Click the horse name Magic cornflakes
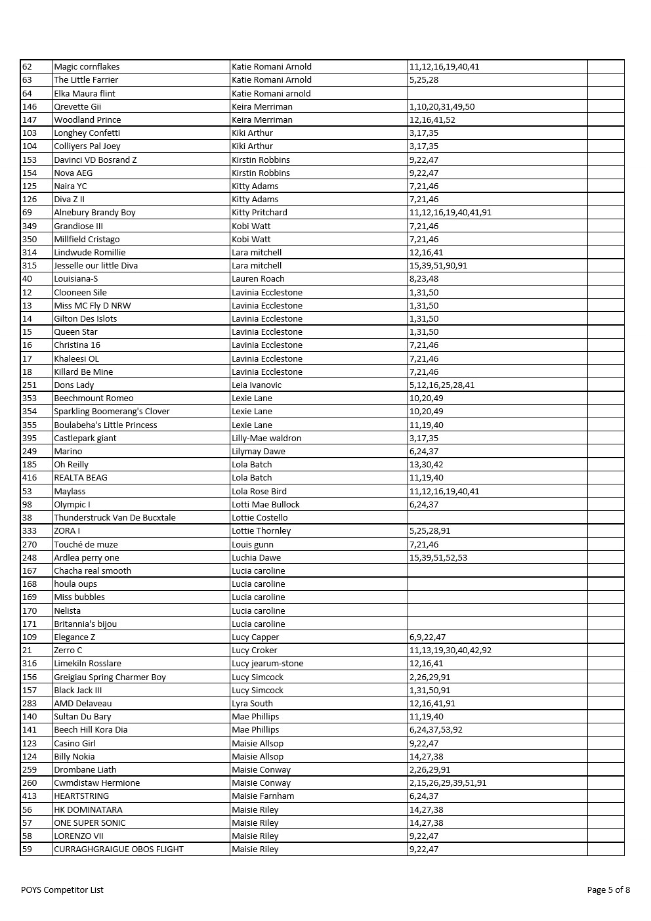(87, 66)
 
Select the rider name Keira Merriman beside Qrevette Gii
(262, 106)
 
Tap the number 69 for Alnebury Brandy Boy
(27, 213)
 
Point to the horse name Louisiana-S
(76, 279)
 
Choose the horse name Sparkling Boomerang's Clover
(112, 412)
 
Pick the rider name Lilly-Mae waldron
(266, 438)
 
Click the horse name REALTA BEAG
(80, 478)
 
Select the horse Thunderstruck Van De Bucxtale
(115, 518)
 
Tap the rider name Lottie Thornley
(261, 531)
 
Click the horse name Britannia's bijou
(85, 624)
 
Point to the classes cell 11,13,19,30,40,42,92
(450, 651)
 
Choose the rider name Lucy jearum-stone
(268, 664)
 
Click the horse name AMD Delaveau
(83, 703)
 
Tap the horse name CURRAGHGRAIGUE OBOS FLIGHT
(119, 849)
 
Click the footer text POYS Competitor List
(62, 890)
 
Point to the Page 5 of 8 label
(608, 890)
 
